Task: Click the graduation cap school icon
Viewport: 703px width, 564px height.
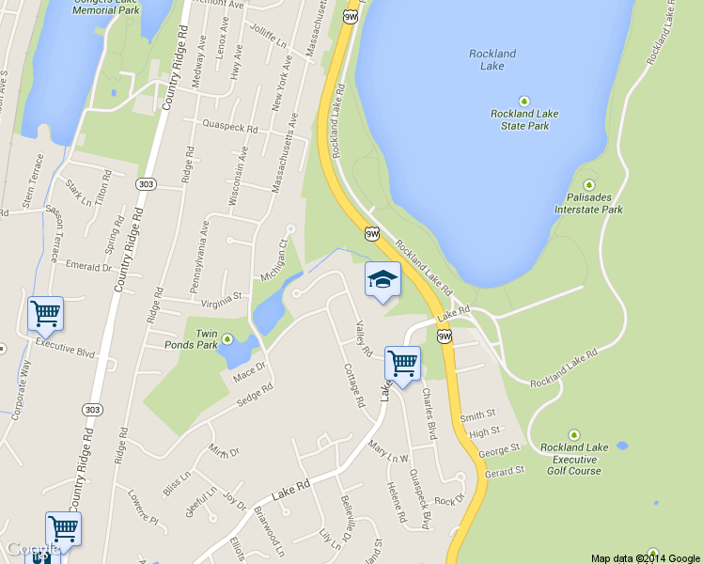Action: [383, 279]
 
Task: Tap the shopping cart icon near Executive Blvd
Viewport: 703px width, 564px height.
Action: [45, 314]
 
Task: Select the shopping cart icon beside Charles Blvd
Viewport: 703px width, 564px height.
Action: [402, 363]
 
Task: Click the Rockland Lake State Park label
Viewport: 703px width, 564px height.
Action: [524, 119]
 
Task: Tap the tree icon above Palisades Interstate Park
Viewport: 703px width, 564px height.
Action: [589, 184]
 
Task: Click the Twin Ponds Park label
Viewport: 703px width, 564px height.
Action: [206, 339]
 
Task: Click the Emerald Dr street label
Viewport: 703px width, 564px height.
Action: [88, 267]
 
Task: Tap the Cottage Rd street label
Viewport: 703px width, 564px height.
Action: [354, 384]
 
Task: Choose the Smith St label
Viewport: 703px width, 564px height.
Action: [476, 415]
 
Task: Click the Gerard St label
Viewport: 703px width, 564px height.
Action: [503, 470]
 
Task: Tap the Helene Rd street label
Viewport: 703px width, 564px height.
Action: [396, 502]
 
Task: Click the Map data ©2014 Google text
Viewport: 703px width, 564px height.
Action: [646, 557]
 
